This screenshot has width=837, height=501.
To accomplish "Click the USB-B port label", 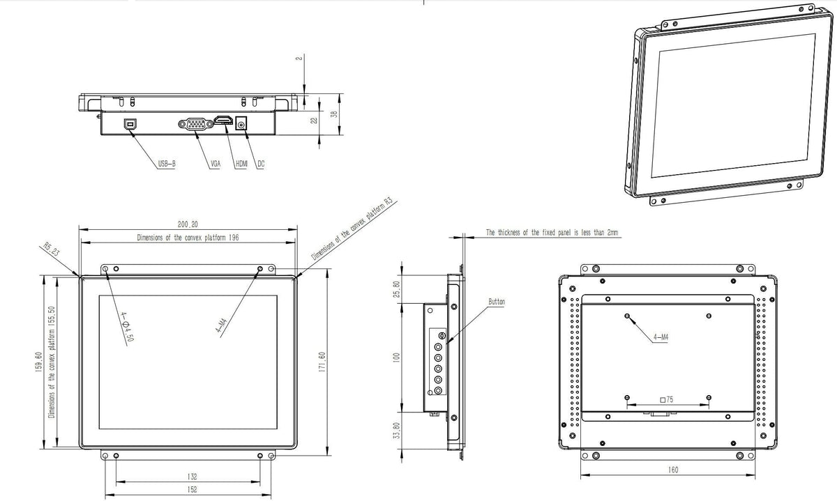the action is tap(167, 164).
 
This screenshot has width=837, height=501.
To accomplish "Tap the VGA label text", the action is tap(216, 164).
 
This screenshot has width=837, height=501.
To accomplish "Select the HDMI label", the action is tap(242, 164).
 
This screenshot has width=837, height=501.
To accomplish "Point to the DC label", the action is tap(261, 164).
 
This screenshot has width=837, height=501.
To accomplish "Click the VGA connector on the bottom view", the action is tap(196, 124).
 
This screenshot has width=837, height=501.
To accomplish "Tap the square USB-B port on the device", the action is tap(130, 123).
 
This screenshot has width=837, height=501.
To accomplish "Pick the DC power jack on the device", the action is tap(241, 123).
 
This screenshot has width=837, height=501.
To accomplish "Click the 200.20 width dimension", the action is tap(188, 224).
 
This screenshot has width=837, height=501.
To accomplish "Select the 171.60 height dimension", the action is tap(322, 362).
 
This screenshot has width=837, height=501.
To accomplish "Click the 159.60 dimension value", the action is tap(38, 362).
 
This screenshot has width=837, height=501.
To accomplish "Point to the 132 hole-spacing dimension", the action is tap(192, 477).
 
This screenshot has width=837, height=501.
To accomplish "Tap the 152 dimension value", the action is tap(192, 489).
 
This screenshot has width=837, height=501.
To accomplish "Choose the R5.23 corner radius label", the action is tap(52, 249).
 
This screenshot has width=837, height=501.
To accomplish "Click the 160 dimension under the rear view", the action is tap(673, 470).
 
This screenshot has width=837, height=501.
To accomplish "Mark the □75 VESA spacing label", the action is tap(667, 400).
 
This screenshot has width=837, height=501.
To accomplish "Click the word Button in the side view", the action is tap(497, 302).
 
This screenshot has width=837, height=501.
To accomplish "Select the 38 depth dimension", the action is tap(334, 114).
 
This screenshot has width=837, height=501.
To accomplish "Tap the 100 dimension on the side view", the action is tap(397, 357).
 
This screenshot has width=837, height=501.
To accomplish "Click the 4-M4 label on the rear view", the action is tap(661, 337).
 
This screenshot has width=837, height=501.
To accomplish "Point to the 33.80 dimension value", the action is tap(397, 431).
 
